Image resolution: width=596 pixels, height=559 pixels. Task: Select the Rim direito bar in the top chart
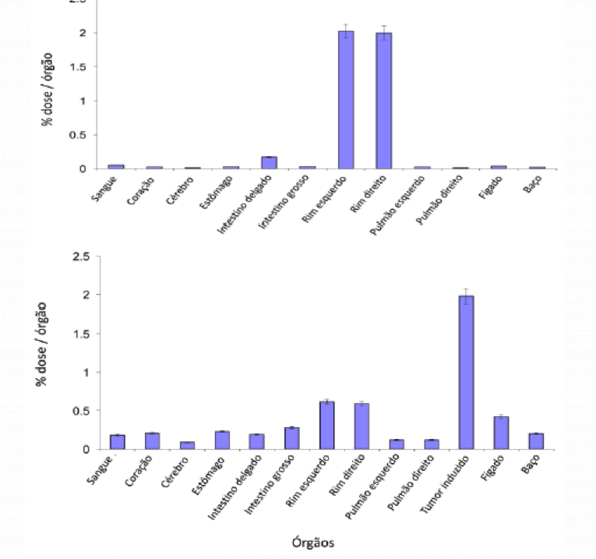[383, 101]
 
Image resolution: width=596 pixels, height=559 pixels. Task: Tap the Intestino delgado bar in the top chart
[269, 163]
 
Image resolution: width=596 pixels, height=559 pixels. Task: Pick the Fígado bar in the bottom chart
[501, 433]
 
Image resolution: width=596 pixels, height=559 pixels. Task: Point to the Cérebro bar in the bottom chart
[186, 445]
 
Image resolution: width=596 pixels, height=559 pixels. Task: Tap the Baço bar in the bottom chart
[536, 441]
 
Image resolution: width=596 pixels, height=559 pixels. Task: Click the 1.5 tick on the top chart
[83, 67]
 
